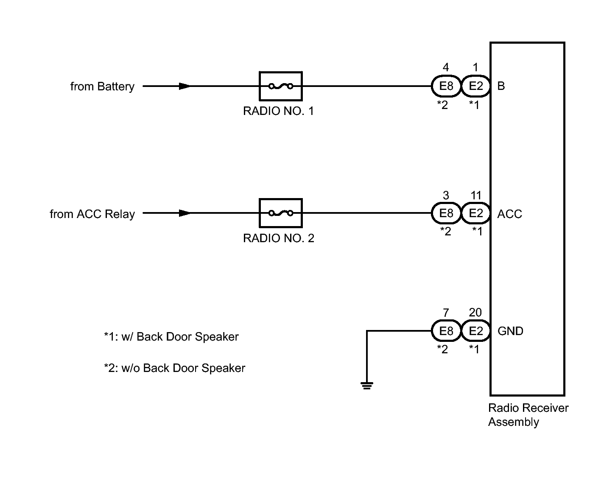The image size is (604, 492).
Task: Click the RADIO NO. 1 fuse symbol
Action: pos(280,86)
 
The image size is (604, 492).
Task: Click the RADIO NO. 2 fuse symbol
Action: pos(280,213)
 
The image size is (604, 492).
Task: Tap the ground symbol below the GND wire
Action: pos(366,386)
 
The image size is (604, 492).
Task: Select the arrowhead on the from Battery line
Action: pos(185,86)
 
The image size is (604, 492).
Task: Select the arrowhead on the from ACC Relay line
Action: pos(185,213)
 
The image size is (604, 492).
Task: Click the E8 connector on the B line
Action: pos(446,86)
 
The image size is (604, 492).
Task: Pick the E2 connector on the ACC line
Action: pos(476,213)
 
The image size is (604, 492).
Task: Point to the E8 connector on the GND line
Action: pos(446,331)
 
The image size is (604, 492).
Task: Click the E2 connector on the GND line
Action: pos(476,331)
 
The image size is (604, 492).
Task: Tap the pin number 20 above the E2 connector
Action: pos(475,312)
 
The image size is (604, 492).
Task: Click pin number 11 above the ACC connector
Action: pos(476,195)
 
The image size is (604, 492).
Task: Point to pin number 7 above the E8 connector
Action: pos(446,313)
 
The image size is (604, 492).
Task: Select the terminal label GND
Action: pos(510,331)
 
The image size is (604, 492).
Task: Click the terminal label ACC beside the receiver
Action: pos(509,214)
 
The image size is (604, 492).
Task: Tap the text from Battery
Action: pos(102,87)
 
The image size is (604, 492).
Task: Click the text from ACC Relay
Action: pos(92,214)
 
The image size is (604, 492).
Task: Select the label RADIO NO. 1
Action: pos(279,111)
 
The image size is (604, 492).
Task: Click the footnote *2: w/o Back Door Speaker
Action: pos(174,368)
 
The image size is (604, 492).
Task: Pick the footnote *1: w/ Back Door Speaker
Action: pos(171,337)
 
